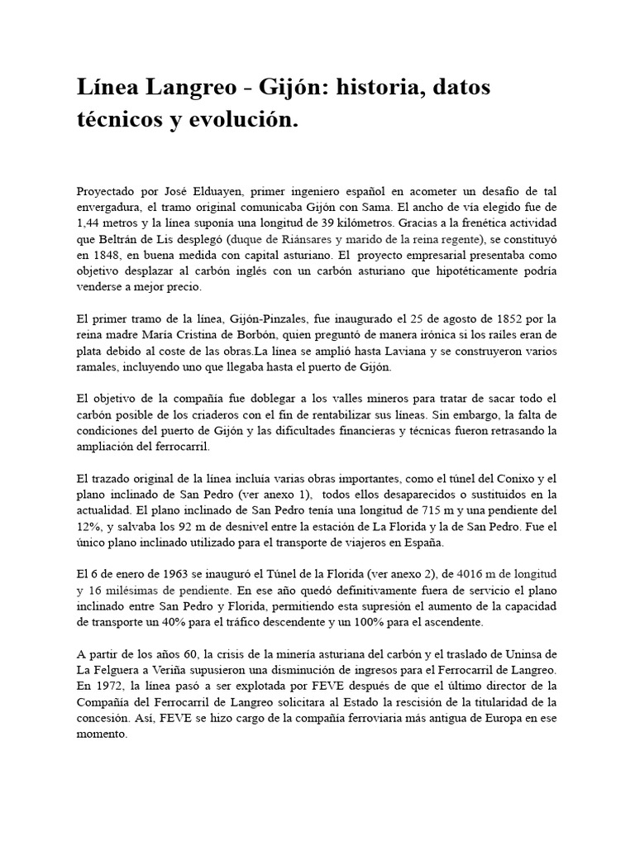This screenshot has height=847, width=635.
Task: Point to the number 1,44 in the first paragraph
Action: click(x=87, y=223)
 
